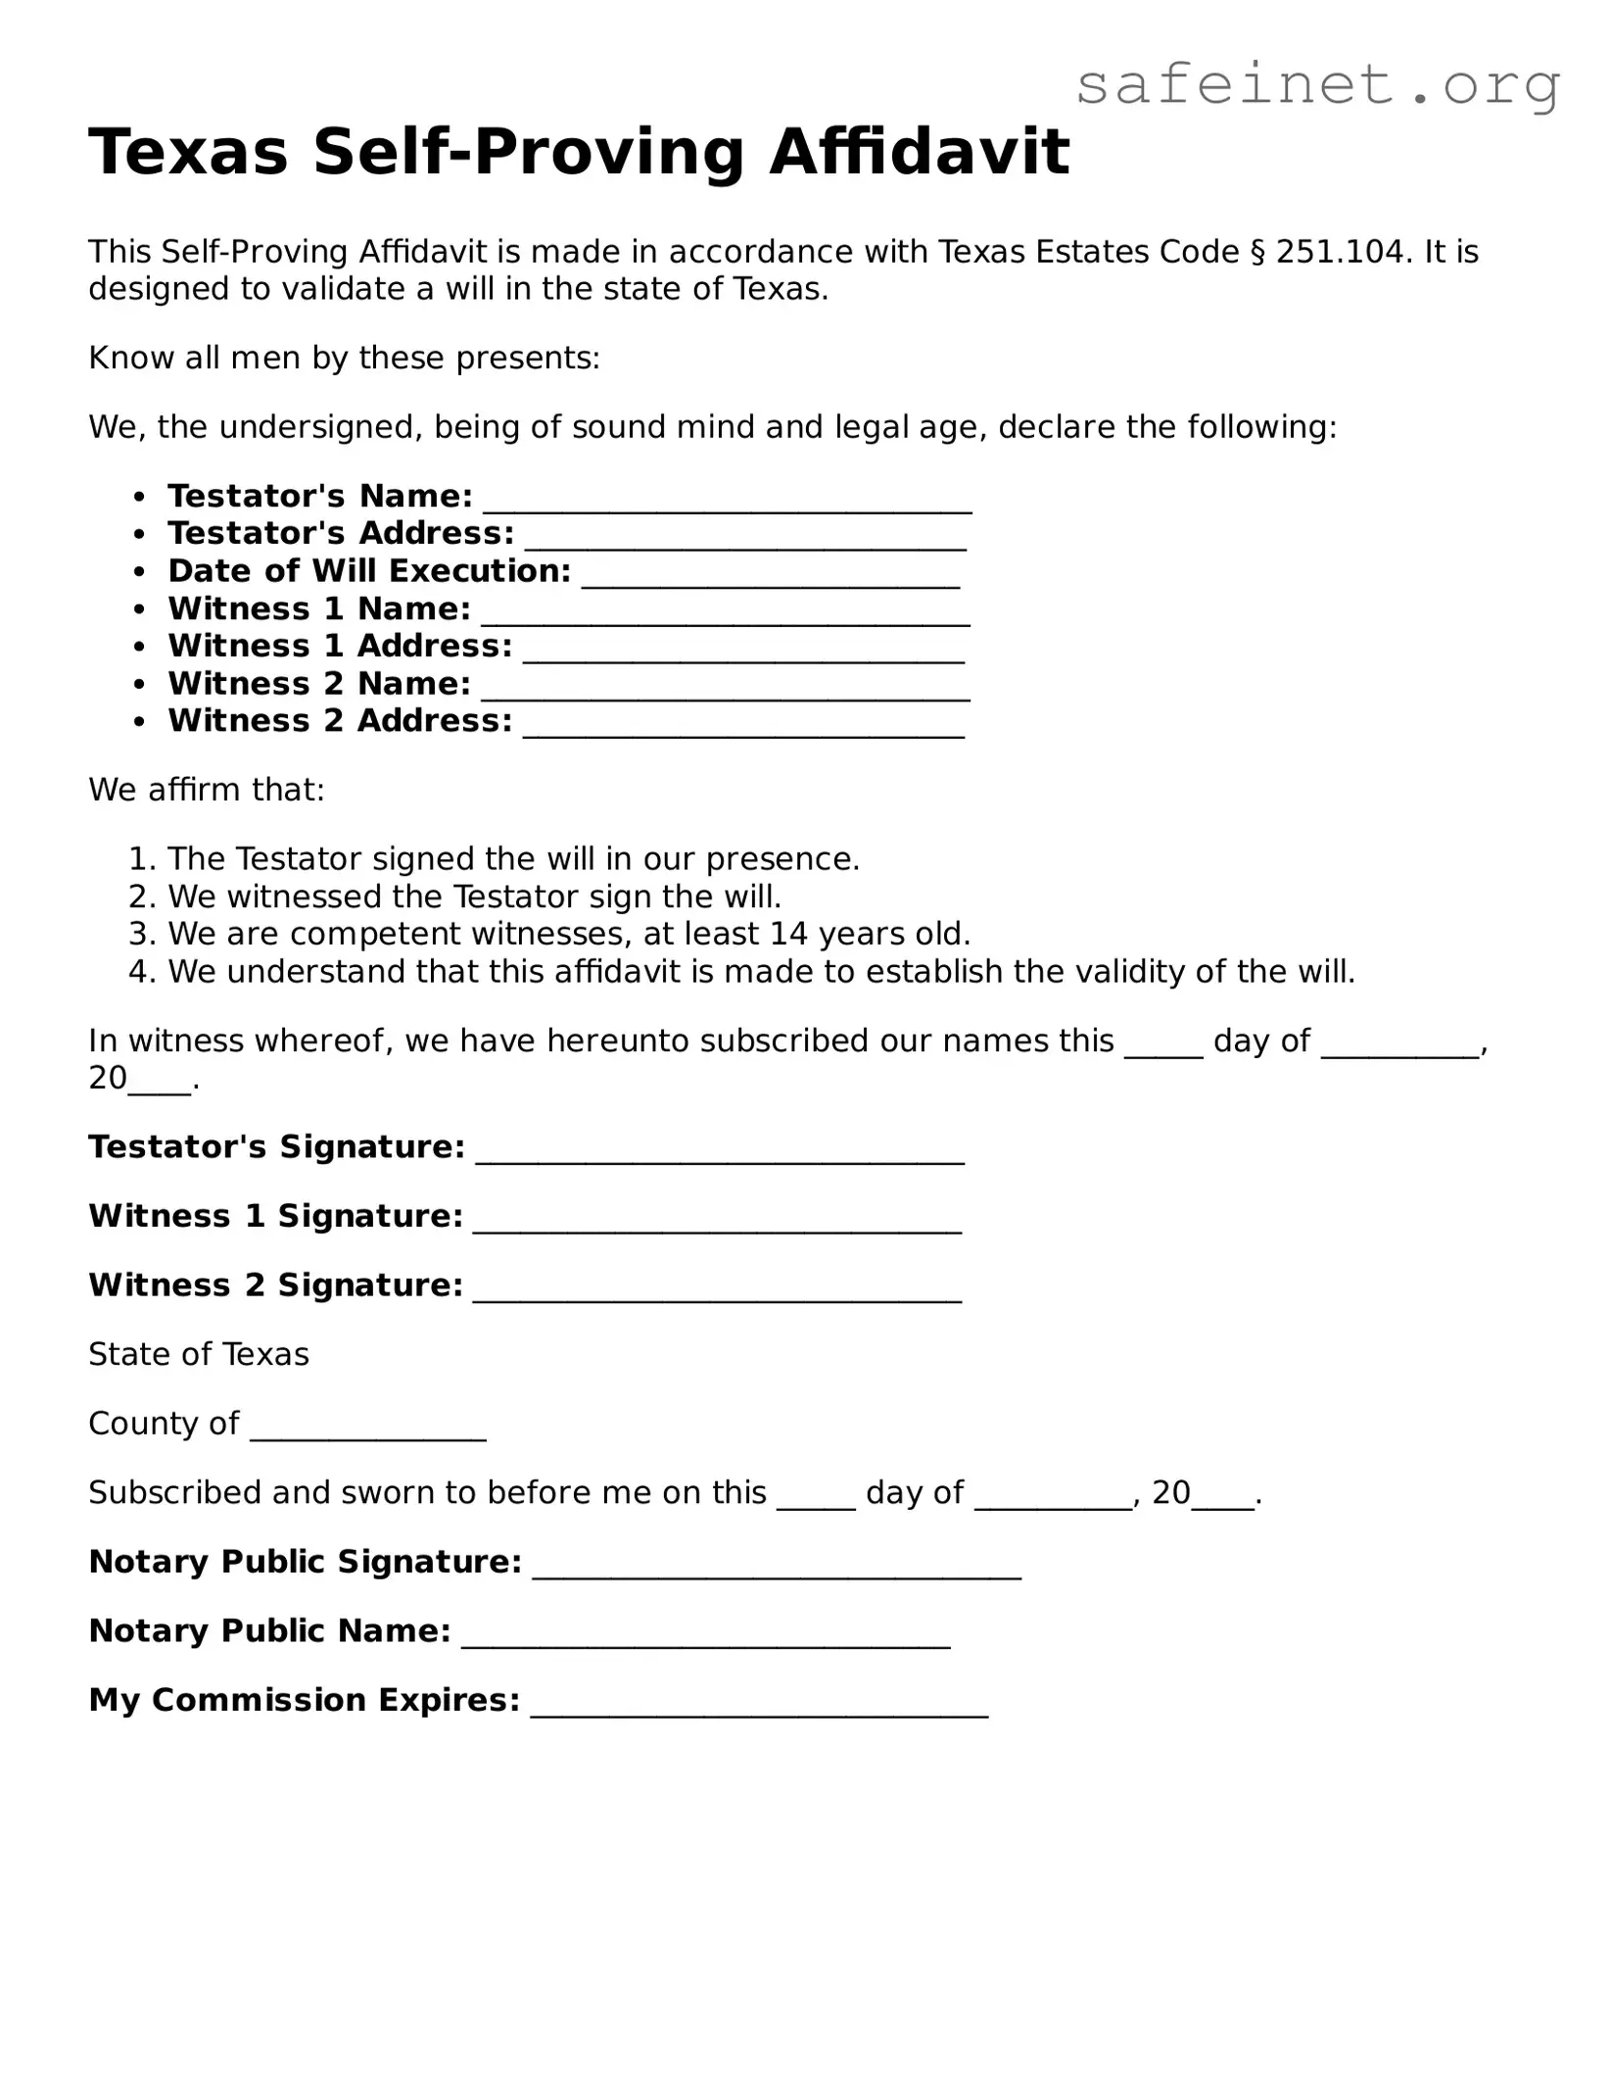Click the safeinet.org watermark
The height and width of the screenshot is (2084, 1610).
pyautogui.click(x=1316, y=86)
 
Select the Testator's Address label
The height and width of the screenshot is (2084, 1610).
pyautogui.click(x=341, y=534)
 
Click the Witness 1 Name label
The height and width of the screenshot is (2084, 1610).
pyautogui.click(x=319, y=609)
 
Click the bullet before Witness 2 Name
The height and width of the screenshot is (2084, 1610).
pyautogui.click(x=141, y=685)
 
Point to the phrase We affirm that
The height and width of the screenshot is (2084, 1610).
pyautogui.click(x=206, y=790)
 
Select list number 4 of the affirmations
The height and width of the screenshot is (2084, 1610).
pyautogui.click(x=142, y=972)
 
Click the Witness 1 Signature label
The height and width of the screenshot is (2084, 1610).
pyautogui.click(x=275, y=1217)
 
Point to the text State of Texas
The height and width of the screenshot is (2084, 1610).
pyautogui.click(x=199, y=1355)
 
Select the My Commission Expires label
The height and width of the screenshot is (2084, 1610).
pyautogui.click(x=304, y=1700)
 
